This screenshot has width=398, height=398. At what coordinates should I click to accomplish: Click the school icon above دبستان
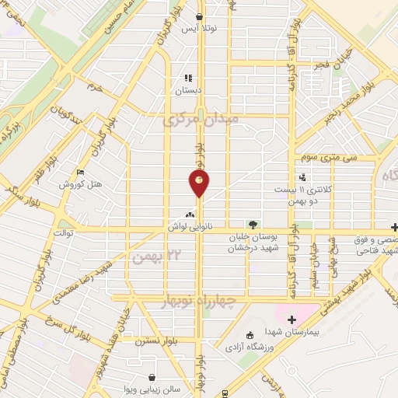tap(187, 79)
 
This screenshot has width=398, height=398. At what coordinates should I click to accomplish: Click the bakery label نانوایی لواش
tap(187, 226)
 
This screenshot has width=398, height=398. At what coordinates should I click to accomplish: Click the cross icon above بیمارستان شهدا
tap(292, 319)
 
